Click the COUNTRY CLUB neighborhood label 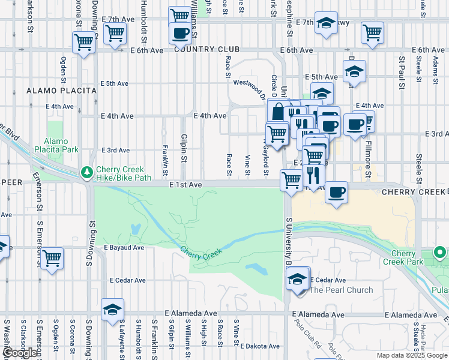[207, 50]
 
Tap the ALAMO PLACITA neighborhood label [62, 91]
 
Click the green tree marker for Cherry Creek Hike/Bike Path [87, 172]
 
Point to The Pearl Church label [342, 290]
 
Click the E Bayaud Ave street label [124, 247]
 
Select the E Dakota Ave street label [260, 346]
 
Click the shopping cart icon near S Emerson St [52, 259]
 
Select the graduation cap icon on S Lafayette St [112, 310]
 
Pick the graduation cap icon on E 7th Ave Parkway [326, 24]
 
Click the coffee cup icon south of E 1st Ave [336, 193]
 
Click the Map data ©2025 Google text [412, 355]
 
